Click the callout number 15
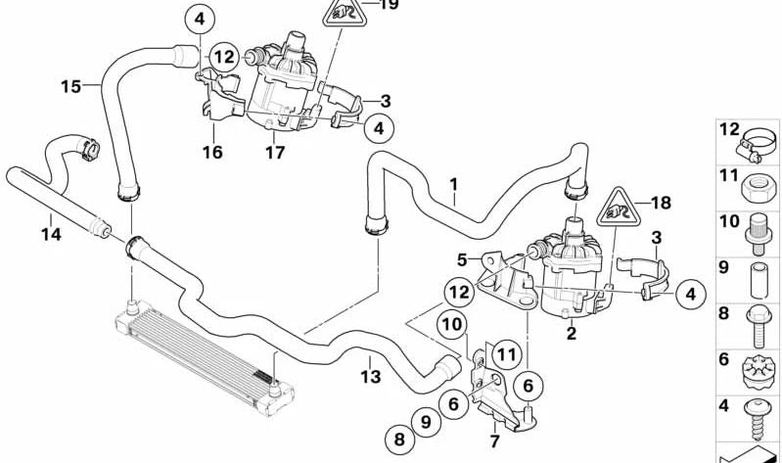tap(70, 87)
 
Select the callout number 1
tap(453, 183)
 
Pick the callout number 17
tap(274, 153)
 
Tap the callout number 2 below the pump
tap(572, 334)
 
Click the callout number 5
tap(462, 259)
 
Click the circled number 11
tap(505, 354)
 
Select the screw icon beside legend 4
tap(759, 411)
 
